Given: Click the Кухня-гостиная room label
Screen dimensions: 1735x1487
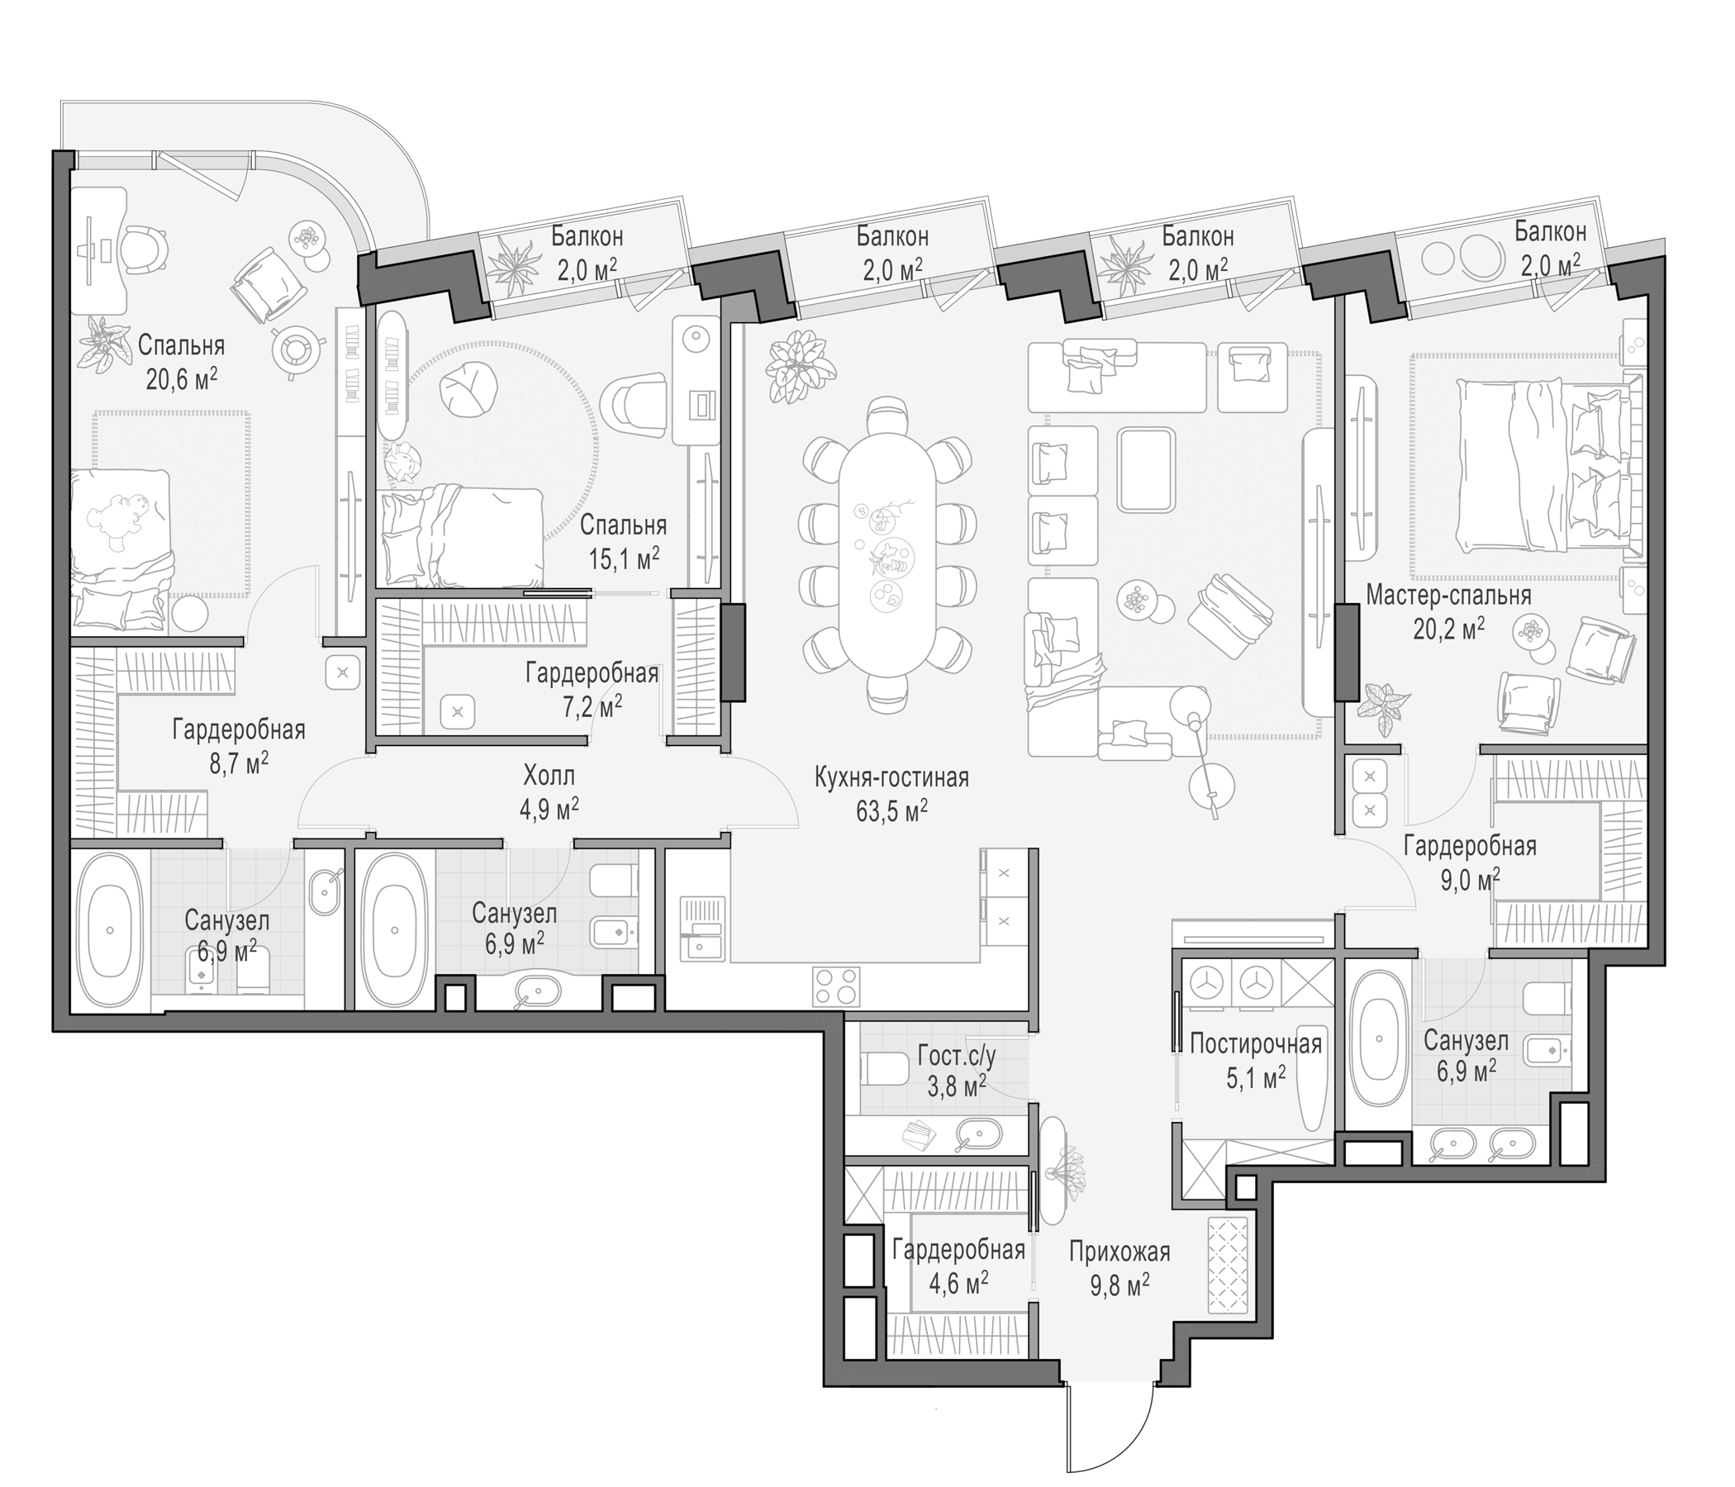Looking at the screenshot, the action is (x=891, y=778).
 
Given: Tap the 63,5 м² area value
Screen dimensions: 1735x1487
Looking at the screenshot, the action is (x=891, y=811).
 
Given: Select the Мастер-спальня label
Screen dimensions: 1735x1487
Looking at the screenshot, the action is (x=1448, y=596).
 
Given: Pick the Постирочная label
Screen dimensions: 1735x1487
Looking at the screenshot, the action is (x=1255, y=1044).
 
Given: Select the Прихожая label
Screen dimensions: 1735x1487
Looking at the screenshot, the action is (x=1119, y=1252).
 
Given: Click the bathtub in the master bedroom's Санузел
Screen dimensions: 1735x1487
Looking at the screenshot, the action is (x=1378, y=1037).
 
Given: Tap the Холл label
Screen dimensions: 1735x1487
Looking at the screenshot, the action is (x=549, y=776).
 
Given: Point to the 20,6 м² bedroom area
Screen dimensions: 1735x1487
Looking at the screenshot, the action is (x=182, y=379).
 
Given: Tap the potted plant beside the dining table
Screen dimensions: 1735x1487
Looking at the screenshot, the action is (x=801, y=367).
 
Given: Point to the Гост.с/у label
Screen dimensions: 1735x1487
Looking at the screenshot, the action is (x=956, y=1054).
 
